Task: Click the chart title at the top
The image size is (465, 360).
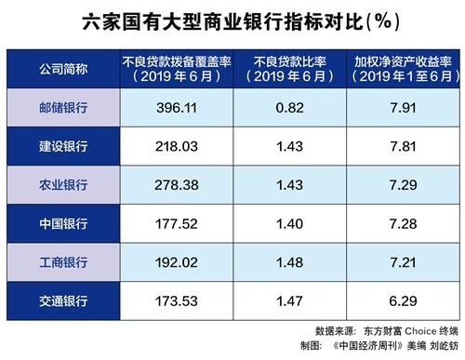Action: pos(241,22)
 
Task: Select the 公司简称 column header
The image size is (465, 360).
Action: pos(63,69)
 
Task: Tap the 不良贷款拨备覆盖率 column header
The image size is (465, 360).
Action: pos(177,69)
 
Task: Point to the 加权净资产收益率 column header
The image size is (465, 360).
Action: pos(403,69)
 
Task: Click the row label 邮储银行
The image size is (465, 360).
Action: pos(63,108)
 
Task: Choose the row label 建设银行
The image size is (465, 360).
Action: pos(63,146)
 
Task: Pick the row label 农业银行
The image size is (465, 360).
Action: pos(63,185)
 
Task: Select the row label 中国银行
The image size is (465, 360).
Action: pos(63,223)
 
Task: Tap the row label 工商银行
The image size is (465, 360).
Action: pos(63,262)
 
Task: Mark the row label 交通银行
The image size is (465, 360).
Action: pos(63,300)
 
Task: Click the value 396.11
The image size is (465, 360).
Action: pos(177,108)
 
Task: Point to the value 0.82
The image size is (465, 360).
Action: pos(290,108)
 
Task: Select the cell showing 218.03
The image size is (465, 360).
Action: pos(177,146)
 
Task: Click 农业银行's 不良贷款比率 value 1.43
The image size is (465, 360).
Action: pos(290,185)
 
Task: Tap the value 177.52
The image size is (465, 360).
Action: pos(177,223)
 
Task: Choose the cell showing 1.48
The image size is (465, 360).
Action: pos(290,262)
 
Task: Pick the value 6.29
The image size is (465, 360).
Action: pos(403,300)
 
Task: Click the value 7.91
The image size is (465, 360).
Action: pos(403,108)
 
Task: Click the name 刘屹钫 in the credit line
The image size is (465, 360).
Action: pos(444,346)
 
